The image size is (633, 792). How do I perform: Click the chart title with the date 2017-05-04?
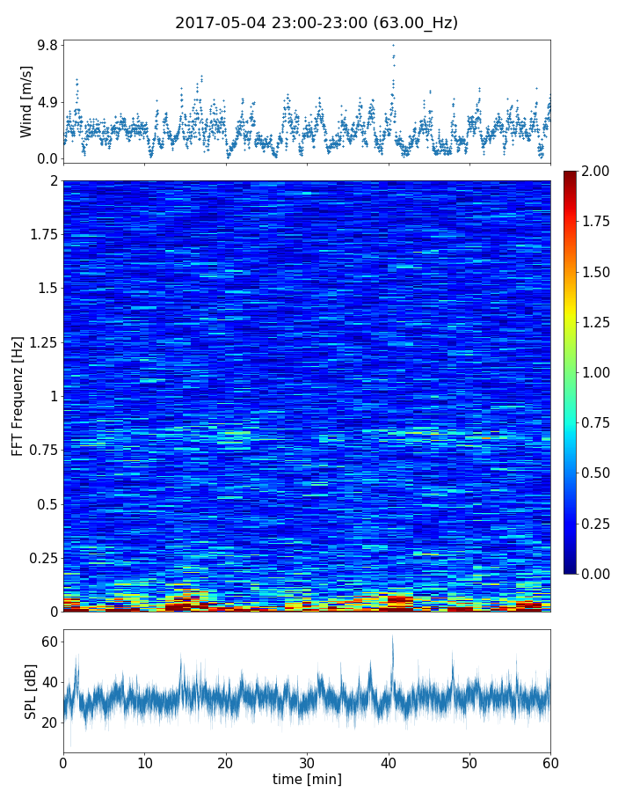click(316, 23)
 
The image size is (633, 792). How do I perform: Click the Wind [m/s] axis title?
click(26, 101)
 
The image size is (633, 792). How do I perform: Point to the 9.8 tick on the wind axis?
click(47, 45)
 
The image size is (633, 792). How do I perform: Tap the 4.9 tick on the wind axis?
click(47, 102)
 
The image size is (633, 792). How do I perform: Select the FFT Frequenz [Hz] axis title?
click(18, 396)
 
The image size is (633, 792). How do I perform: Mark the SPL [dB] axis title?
click(31, 691)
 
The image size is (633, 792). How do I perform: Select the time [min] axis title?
click(307, 779)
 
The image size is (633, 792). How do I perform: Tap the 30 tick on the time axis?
click(307, 762)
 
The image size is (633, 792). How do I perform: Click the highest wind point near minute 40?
click(393, 44)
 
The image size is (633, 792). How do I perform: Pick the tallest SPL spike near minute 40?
click(392, 637)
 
